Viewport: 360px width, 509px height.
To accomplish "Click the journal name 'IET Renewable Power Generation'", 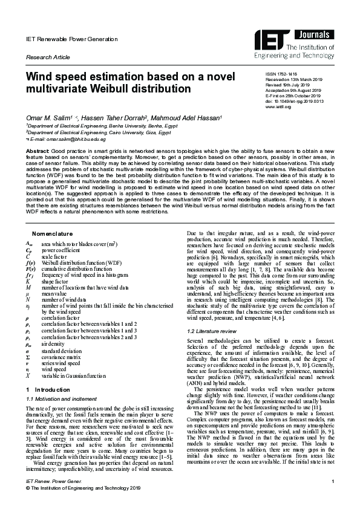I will tap(63, 39).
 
